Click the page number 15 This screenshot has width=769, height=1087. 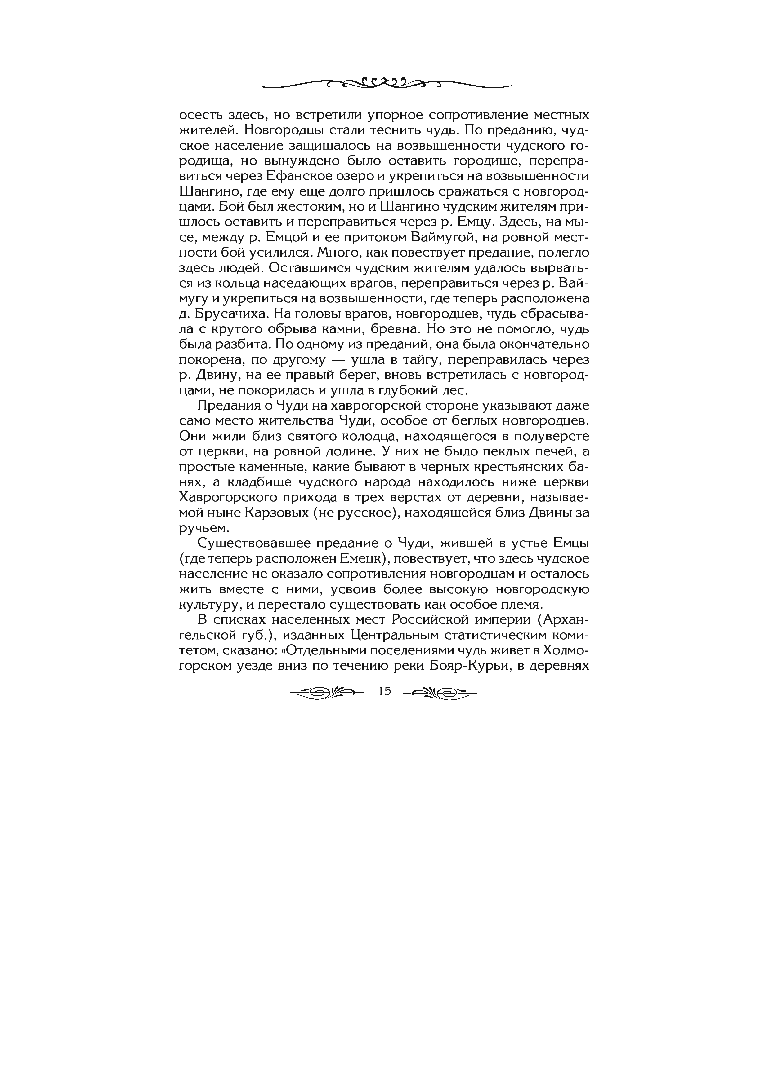tap(385, 691)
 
